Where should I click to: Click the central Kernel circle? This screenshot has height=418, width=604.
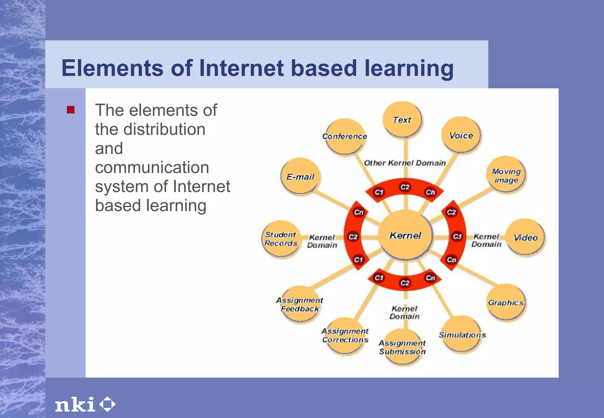coord(405,235)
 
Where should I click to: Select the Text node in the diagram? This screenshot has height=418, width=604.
coord(402,120)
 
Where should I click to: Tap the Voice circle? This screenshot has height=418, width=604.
coord(461,135)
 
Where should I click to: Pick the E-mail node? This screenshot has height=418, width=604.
coord(300,177)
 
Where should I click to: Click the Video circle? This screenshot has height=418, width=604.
coord(526,237)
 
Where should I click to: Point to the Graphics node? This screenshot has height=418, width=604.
coord(505,302)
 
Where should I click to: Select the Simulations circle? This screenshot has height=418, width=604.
coord(462,335)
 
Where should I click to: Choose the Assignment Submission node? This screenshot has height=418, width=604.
coord(403,347)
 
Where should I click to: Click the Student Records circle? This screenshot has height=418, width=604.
coord(281,239)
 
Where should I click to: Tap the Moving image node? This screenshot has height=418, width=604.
coord(506,175)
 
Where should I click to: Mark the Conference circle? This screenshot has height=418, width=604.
coord(345,136)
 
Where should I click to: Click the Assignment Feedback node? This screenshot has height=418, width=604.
coord(300,305)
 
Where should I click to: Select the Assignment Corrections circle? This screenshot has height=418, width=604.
coord(345,335)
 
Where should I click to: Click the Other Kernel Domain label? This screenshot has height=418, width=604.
coord(405,163)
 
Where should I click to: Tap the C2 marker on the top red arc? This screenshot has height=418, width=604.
coord(405,187)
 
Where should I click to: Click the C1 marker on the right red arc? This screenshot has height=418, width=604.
coord(457,236)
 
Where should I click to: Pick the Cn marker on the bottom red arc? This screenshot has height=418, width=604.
coord(430,278)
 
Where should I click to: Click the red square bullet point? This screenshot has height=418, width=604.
coord(71,110)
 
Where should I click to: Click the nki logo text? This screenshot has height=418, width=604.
coord(75,404)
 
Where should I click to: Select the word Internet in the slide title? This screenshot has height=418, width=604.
coord(241,68)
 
